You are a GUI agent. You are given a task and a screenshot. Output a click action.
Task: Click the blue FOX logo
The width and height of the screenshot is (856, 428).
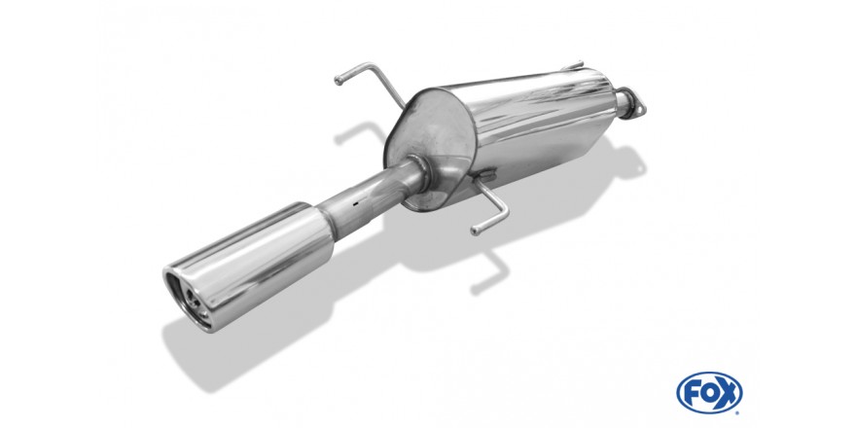709,393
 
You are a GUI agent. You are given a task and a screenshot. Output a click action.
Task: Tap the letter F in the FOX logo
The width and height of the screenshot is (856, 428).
692,393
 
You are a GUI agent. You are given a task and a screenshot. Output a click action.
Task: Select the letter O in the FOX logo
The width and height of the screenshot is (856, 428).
708,393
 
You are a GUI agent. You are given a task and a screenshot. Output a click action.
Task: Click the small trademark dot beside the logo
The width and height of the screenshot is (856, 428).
738,411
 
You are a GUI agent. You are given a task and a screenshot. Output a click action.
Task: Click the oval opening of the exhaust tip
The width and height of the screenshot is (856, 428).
188,299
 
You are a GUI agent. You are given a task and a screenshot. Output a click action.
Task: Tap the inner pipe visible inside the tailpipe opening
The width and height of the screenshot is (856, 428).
194,298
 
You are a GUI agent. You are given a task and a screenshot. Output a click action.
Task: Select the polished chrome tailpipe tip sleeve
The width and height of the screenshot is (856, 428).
249,266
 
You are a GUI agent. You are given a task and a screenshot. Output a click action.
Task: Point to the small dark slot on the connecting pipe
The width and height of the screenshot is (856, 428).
355,203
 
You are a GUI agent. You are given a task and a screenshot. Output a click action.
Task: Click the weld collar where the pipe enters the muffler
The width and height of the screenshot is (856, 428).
418,172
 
